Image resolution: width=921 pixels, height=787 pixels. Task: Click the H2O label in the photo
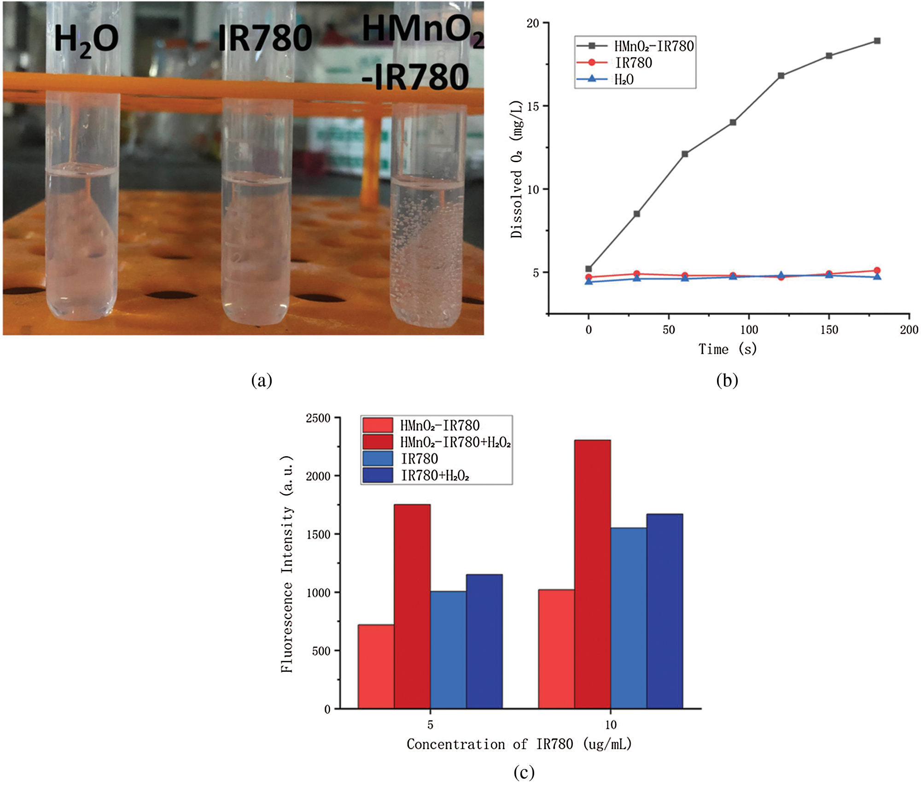86,40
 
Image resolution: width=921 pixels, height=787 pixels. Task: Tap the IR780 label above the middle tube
265,38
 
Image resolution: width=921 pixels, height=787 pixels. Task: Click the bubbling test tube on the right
427,240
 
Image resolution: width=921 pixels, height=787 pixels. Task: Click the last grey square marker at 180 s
877,41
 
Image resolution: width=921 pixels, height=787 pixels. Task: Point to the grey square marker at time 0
589,269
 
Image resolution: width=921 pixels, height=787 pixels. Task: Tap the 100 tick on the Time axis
749,330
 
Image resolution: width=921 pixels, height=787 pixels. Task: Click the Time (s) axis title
727,349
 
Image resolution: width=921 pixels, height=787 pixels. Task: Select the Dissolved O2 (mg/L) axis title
517,169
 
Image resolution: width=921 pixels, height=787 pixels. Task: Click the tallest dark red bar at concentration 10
592,574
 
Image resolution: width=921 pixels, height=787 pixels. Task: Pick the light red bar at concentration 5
376,666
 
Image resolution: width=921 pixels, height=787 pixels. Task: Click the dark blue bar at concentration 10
665,611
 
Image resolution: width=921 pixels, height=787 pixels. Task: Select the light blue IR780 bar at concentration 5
448,650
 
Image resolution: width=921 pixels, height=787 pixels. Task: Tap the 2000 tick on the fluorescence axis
318,476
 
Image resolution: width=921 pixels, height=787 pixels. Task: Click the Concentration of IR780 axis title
519,744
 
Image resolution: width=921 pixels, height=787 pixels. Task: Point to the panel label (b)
727,381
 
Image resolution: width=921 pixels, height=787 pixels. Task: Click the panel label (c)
524,772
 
